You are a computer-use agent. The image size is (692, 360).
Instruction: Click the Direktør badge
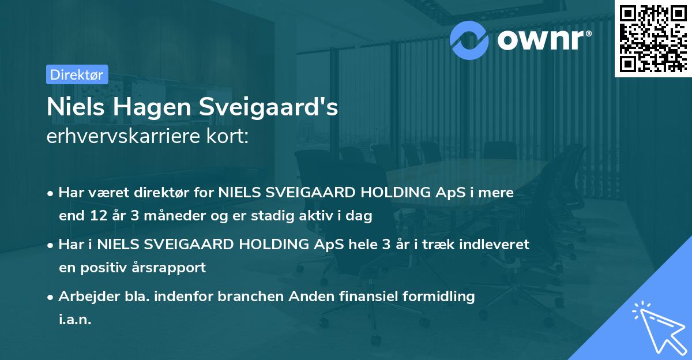[x=77, y=74]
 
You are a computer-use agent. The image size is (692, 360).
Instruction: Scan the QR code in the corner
[x=653, y=39]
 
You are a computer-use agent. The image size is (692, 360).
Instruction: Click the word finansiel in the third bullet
[x=358, y=297]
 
